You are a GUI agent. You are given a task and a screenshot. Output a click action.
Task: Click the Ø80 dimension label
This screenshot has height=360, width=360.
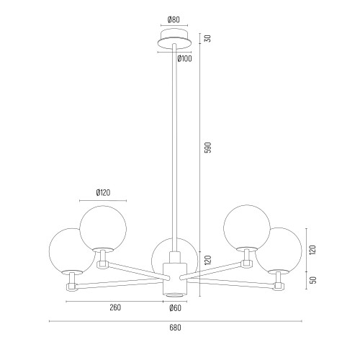click(x=174, y=19)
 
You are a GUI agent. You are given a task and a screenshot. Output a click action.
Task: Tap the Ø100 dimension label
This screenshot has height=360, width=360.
click(x=185, y=58)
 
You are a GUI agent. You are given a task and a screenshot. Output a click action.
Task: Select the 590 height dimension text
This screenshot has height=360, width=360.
click(x=208, y=148)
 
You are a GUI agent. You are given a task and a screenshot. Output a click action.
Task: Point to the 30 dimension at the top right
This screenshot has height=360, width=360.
click(x=208, y=38)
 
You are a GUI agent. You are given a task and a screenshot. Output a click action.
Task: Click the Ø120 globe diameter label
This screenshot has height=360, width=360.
click(x=103, y=192)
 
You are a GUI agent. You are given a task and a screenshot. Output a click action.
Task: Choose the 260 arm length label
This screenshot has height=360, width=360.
click(x=115, y=307)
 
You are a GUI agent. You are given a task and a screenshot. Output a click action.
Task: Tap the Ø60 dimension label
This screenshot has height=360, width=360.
click(x=175, y=308)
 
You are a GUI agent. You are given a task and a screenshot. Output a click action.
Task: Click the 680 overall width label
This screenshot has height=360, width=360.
click(x=175, y=328)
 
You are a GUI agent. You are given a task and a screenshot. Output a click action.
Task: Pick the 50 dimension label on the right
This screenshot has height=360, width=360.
click(x=313, y=280)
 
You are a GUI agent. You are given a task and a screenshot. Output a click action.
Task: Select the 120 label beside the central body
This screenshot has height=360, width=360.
click(x=208, y=260)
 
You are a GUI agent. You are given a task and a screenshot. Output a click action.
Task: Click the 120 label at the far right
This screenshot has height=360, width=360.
click(x=313, y=250)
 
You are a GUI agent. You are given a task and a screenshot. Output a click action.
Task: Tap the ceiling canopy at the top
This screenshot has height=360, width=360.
click(x=175, y=38)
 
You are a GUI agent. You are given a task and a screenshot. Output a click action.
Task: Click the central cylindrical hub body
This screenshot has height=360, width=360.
click(x=175, y=279)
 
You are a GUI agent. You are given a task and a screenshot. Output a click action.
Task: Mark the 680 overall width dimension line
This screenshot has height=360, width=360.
click(x=175, y=321)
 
